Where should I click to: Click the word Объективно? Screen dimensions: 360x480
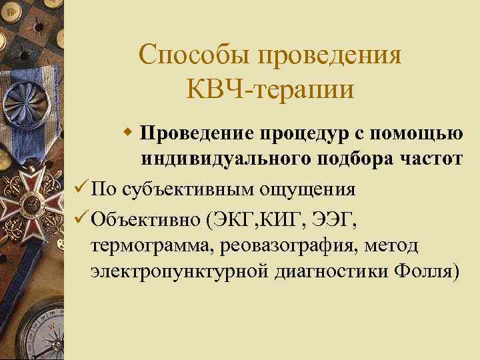tap(145, 218)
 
